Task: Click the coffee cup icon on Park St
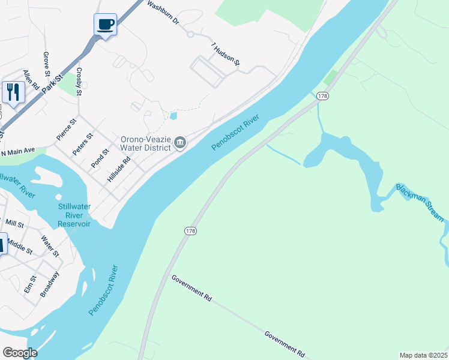point(106,25)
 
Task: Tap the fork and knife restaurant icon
point(13,92)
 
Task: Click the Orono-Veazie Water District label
point(145,143)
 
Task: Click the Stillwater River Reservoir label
point(74,215)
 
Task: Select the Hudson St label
point(225,54)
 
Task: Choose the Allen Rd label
point(31,80)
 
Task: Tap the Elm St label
point(30,284)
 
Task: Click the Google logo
point(19,353)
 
